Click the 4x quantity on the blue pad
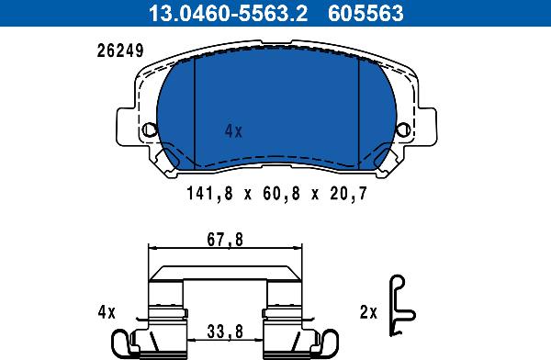point(233,131)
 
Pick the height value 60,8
point(277,194)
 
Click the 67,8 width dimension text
point(225,241)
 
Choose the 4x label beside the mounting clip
point(107,312)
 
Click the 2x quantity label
point(368,312)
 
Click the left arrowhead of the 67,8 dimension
point(153,248)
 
